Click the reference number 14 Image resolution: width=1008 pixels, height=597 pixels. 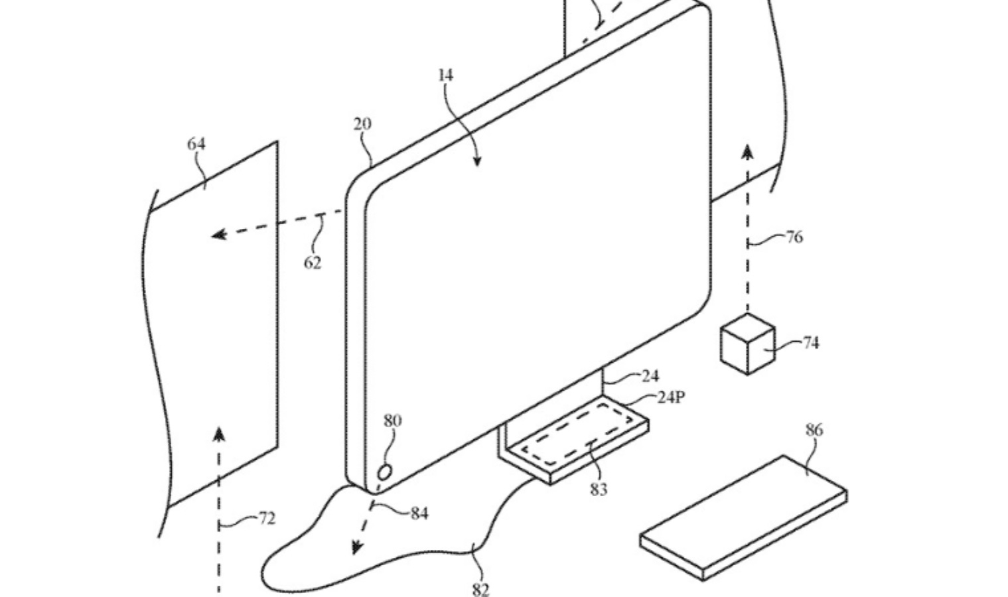point(446,76)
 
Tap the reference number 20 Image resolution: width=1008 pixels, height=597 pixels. point(362,124)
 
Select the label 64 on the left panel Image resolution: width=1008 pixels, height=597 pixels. point(196,144)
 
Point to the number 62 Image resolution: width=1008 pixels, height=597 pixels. point(313,263)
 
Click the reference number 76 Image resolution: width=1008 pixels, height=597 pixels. point(794,237)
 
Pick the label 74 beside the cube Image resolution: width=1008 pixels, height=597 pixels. point(810,342)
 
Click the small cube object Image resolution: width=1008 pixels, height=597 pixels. point(747,344)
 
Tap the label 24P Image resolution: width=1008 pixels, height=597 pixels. point(671,397)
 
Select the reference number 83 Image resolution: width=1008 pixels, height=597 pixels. point(599,490)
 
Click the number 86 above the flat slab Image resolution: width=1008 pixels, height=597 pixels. point(814,430)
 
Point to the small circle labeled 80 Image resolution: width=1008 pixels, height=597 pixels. point(385,472)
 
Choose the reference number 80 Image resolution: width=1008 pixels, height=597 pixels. point(392,421)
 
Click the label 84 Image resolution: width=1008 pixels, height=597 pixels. point(419,513)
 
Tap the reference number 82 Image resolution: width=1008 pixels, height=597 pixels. point(480,588)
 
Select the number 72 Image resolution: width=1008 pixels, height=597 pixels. point(266,518)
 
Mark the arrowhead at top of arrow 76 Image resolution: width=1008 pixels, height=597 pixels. point(748,151)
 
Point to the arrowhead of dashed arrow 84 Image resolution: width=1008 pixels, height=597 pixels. point(357,547)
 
